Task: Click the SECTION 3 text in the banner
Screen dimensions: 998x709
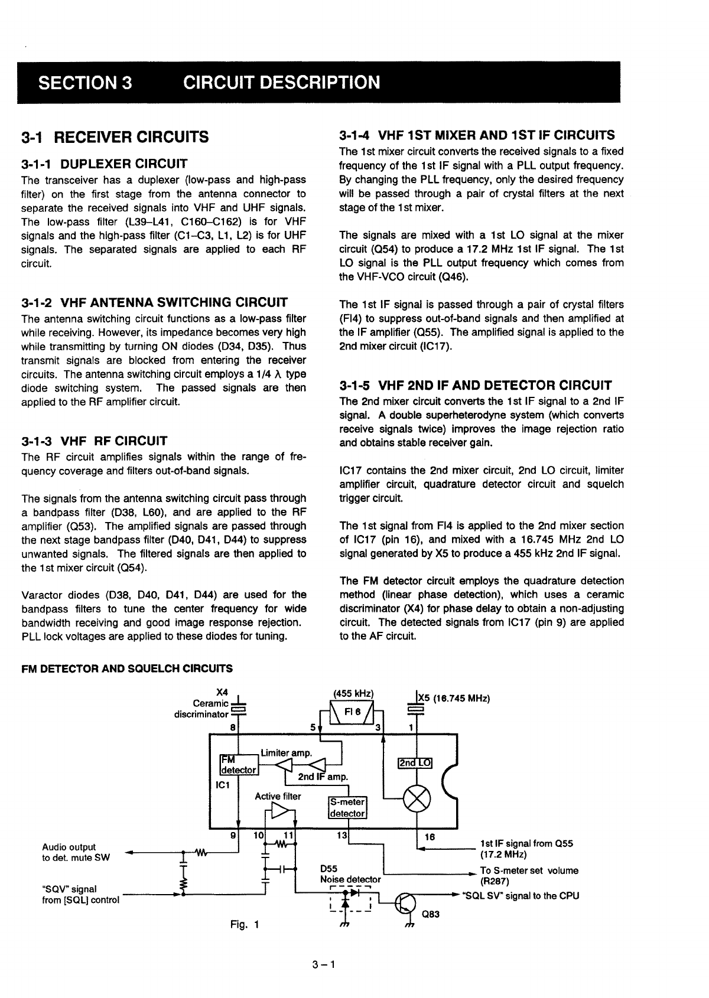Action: tap(85, 82)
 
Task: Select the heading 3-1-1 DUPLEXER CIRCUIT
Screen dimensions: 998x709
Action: tap(104, 164)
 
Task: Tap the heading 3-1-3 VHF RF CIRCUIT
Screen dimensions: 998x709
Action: tap(94, 441)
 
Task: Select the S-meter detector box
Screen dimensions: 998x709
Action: tap(347, 808)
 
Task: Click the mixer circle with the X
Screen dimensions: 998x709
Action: tap(417, 801)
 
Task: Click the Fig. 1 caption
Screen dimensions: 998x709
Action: tap(245, 924)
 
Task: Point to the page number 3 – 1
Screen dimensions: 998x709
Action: tap(324, 966)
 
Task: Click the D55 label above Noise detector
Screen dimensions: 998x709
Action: tap(329, 869)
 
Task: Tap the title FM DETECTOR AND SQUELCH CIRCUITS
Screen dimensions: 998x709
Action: tap(127, 668)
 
